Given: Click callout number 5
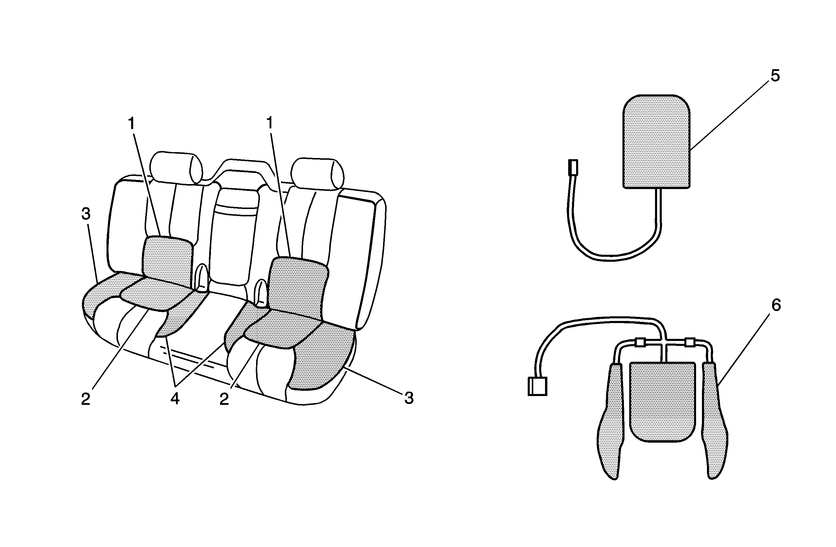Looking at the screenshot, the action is (x=775, y=76).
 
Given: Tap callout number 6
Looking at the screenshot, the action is (x=776, y=305).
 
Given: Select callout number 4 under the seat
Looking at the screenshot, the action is (x=175, y=398).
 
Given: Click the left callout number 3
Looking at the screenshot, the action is (x=86, y=214).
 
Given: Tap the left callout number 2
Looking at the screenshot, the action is (x=86, y=399).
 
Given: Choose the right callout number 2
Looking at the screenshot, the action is (x=224, y=399).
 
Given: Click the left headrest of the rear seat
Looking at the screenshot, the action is (x=176, y=167).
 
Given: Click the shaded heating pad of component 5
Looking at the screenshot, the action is (x=656, y=142).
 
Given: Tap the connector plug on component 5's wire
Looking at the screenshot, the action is (x=573, y=168).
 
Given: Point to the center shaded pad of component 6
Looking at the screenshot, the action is (x=662, y=402).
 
